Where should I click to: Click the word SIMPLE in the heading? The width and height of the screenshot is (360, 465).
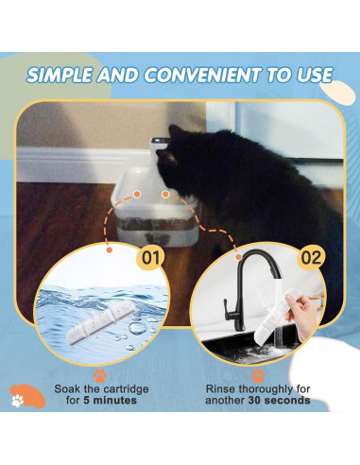[x=63, y=75]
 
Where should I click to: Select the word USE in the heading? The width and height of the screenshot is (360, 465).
[x=310, y=75]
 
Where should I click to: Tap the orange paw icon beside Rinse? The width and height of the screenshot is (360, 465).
[x=257, y=374]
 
